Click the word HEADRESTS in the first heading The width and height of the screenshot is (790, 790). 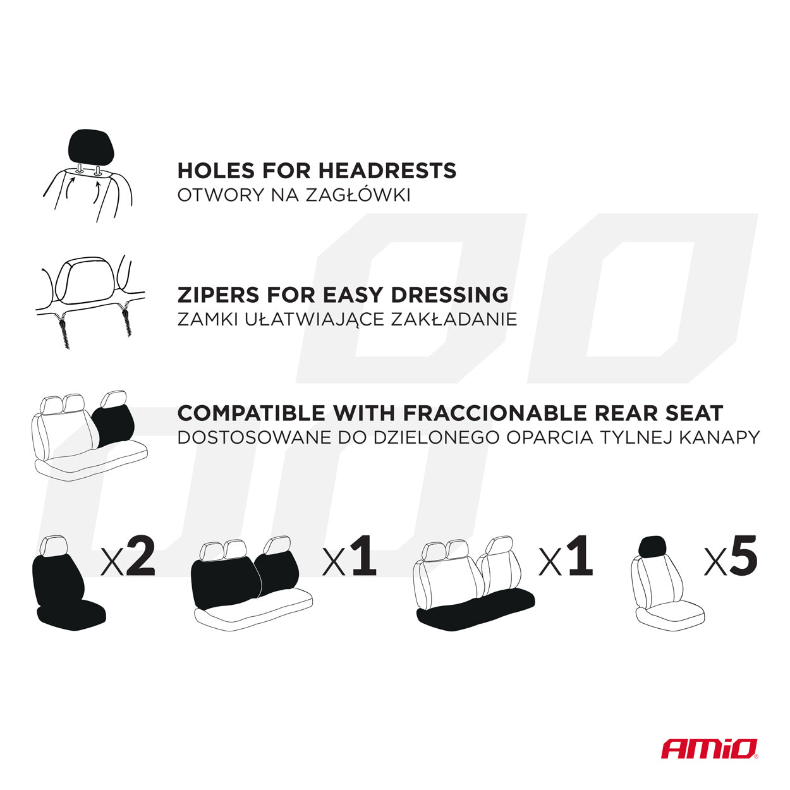point(387,171)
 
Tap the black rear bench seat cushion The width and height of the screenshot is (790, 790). point(475,612)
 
